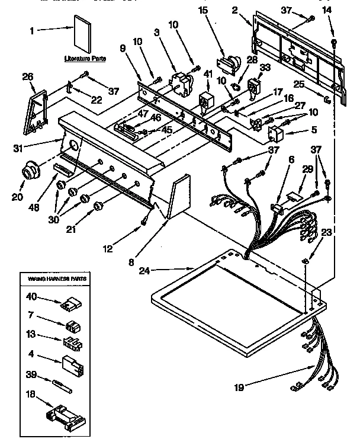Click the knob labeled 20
[x=28, y=173]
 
